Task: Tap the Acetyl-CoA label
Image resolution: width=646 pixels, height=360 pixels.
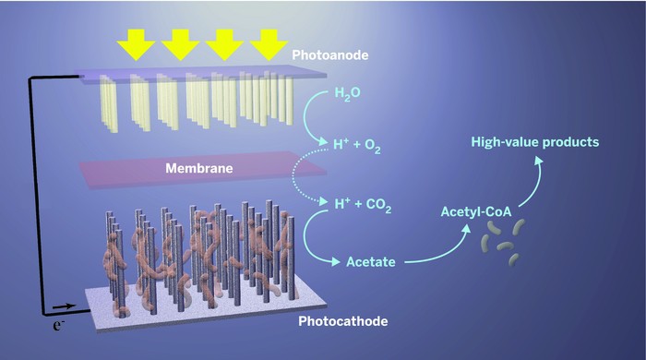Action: click(x=480, y=212)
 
